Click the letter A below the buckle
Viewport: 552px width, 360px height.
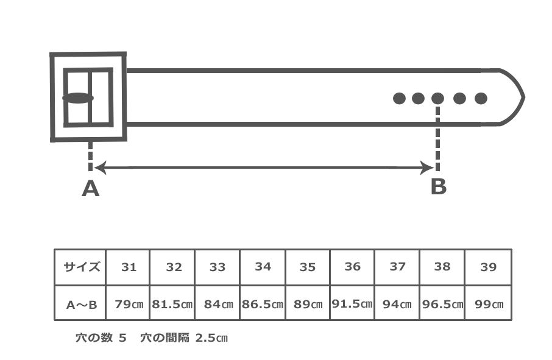click(90, 189)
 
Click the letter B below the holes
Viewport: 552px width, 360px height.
click(438, 186)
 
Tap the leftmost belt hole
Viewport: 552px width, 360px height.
click(399, 98)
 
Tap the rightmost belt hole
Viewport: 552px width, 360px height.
click(481, 98)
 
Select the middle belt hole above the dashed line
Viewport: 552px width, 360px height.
click(437, 98)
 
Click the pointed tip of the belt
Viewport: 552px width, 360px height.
click(523, 97)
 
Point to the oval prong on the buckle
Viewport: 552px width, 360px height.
click(78, 97)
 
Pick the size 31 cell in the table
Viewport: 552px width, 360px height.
click(129, 267)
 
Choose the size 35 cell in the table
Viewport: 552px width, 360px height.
click(308, 267)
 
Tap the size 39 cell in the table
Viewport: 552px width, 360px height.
click(488, 267)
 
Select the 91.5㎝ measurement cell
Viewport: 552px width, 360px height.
click(352, 303)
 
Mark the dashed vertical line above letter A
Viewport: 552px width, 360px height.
click(90, 157)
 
